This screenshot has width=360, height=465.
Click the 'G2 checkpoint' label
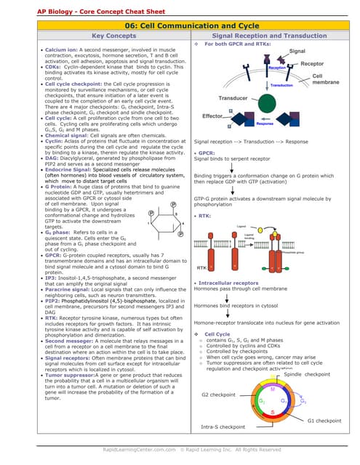pos(218,395)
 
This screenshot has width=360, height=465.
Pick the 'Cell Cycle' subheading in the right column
pos(219,333)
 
